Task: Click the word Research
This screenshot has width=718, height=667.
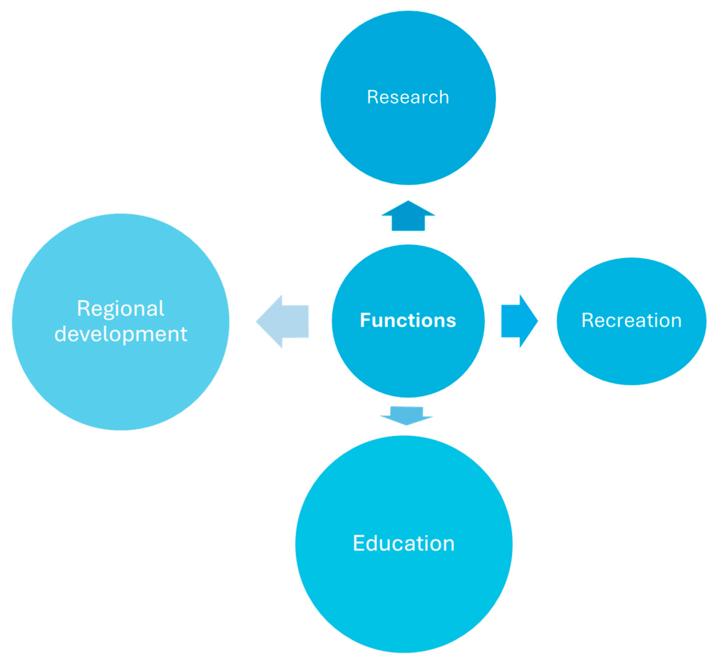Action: coord(408,98)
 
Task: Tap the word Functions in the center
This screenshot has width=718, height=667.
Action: coord(408,320)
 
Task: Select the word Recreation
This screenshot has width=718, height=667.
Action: coord(631,320)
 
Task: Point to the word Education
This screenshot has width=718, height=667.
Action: coord(404,544)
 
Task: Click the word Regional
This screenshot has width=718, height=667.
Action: coord(121,309)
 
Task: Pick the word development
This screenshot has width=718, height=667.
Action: coord(121,334)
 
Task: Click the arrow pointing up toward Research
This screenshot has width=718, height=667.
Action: coord(408,217)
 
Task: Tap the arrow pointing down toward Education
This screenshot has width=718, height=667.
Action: coord(406,415)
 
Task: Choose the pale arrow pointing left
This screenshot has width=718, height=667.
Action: coord(285,321)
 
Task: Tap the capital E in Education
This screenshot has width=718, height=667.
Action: coord(359,544)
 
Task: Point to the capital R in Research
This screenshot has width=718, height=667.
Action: coord(372,98)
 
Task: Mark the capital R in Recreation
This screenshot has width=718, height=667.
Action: coord(587,320)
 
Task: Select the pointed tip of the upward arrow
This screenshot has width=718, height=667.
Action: coord(408,202)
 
